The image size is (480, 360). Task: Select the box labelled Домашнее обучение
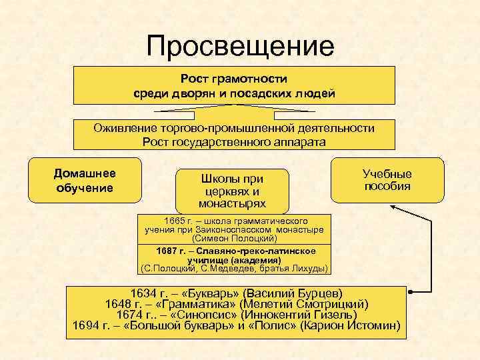coord(84,180)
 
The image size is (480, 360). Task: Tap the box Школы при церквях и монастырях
coord(232,191)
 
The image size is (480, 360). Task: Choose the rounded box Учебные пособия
coord(387,179)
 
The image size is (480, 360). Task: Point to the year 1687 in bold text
coord(167,251)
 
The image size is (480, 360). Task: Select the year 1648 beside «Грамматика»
coord(119,304)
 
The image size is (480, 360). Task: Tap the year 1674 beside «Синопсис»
coord(131,315)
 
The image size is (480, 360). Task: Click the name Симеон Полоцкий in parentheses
coord(234,237)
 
